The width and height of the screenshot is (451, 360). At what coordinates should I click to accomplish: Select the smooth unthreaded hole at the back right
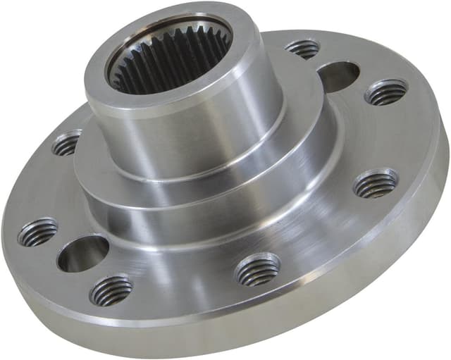(x=338, y=76)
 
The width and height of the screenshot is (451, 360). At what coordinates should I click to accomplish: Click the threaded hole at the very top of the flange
(x=303, y=49)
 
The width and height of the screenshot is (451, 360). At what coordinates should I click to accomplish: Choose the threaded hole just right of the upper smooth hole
(x=386, y=92)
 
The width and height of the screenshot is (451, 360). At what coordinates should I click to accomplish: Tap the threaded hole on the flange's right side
(x=376, y=185)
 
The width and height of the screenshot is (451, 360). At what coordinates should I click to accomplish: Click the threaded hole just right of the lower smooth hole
(x=111, y=289)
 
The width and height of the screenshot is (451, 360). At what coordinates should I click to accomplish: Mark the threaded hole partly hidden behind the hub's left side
(x=67, y=144)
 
